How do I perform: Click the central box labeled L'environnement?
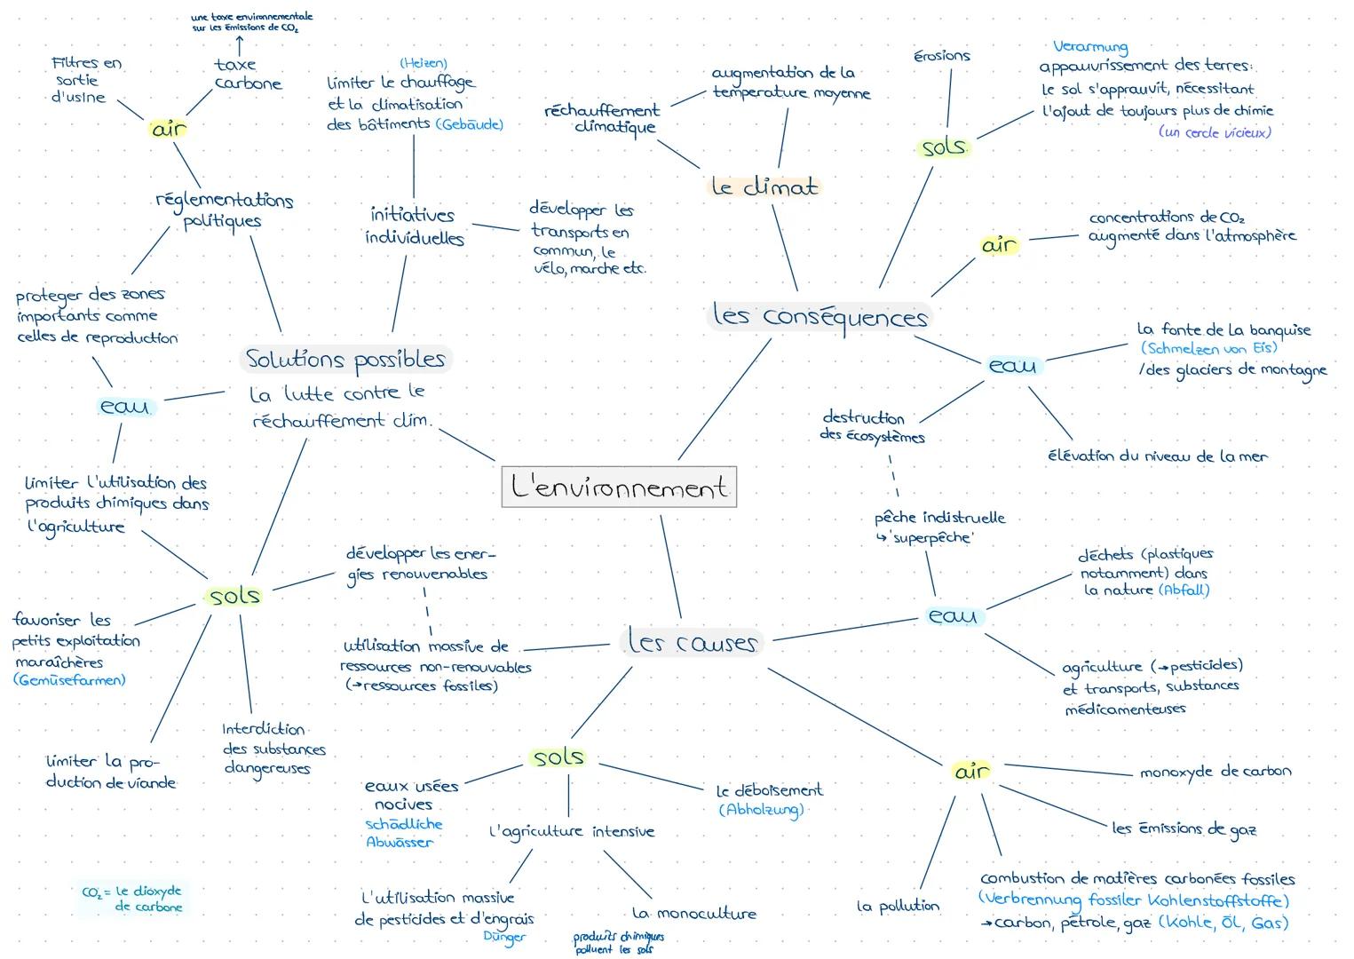(619, 487)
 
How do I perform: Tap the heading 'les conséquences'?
(820, 316)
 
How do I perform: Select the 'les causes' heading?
(692, 641)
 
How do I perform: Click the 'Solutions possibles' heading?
(345, 360)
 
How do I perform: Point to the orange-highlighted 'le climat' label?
(764, 187)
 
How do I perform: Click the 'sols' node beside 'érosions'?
(943, 147)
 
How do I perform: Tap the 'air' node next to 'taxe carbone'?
(169, 129)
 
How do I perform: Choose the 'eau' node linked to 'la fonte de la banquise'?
(1012, 365)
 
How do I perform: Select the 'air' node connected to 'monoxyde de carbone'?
(970, 771)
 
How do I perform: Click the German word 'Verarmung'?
(1089, 46)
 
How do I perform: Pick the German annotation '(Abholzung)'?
(761, 809)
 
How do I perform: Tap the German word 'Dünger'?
(504, 936)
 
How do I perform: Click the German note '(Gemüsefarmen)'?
(69, 680)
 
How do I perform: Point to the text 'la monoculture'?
(694, 913)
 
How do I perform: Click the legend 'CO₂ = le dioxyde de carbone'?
(133, 899)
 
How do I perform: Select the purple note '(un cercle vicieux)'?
(1215, 132)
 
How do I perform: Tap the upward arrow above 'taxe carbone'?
(239, 43)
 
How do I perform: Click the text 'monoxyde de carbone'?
(1215, 772)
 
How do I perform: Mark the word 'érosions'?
(942, 56)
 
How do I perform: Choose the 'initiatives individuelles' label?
(414, 226)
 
